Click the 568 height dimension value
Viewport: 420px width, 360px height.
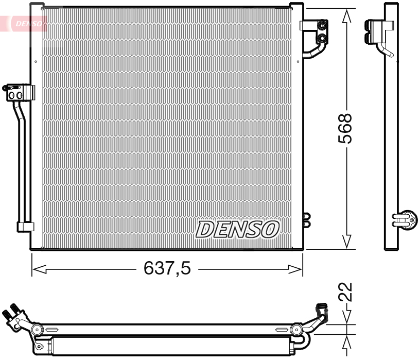[346, 129]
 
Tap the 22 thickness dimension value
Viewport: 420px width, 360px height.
[346, 292]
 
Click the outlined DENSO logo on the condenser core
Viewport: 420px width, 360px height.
[237, 229]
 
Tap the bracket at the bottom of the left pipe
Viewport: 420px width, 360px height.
[25, 227]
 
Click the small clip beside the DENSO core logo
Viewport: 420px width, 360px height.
[307, 220]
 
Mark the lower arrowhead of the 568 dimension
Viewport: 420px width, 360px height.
[347, 241]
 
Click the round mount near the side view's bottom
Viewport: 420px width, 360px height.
[407, 219]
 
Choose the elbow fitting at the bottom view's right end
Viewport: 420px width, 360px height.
[320, 312]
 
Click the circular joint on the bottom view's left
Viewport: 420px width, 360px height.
[36, 330]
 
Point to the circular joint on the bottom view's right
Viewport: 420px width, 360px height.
[296, 330]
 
